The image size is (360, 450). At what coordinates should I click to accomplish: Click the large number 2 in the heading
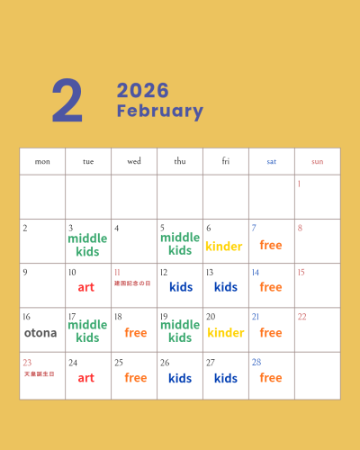click(67, 102)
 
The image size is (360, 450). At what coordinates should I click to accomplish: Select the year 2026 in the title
click(143, 91)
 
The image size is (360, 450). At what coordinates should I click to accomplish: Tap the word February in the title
click(160, 112)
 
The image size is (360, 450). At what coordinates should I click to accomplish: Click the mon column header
click(42, 162)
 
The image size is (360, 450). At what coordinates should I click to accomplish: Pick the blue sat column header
click(271, 162)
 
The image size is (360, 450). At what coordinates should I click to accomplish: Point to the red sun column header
click(317, 162)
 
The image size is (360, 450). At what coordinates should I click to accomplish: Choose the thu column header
click(180, 162)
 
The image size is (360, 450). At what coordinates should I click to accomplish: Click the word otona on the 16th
click(40, 332)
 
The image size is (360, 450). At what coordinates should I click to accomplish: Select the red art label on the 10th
click(86, 287)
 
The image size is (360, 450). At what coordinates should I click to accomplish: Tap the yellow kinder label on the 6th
click(224, 246)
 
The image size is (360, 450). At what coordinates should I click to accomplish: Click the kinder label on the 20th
click(225, 332)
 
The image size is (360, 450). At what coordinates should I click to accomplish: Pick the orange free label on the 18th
click(136, 332)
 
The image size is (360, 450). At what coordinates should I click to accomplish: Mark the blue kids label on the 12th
click(181, 287)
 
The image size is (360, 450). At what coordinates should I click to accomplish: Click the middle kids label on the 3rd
click(87, 245)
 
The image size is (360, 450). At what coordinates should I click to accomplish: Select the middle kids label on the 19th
click(180, 331)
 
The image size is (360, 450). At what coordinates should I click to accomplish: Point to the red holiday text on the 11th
click(132, 283)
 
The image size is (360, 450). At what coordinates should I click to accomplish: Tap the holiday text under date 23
click(39, 373)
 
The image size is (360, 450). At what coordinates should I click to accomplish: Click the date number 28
click(256, 362)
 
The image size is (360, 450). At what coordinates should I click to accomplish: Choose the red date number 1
click(299, 184)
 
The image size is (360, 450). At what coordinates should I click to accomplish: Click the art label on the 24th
click(86, 378)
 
